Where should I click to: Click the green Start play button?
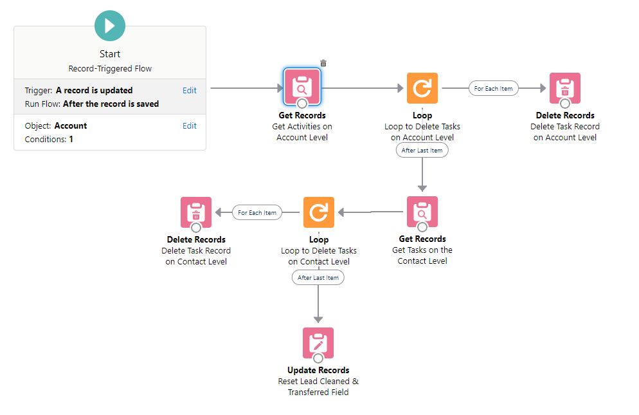point(110,26)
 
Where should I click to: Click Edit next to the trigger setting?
point(189,91)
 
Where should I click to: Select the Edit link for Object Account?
point(189,126)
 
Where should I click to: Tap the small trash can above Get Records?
point(323,63)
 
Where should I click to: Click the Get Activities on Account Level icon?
point(301,87)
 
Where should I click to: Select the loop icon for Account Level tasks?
point(422,88)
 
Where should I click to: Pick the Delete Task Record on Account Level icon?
point(565,88)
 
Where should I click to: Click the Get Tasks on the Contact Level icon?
point(422,212)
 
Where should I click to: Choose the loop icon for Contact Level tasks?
point(319,212)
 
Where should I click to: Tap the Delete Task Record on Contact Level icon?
point(196,212)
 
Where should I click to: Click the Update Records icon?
point(318,343)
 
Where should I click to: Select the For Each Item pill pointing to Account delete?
point(494,89)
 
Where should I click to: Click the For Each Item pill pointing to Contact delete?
point(257,213)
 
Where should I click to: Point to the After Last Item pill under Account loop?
point(422,150)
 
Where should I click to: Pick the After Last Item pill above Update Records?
point(318,277)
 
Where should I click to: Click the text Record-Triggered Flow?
point(110,68)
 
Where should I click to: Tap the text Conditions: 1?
point(49,139)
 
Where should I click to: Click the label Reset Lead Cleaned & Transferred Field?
point(318,387)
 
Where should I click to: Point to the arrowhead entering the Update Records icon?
point(318,318)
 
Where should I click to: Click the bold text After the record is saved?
point(111,104)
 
